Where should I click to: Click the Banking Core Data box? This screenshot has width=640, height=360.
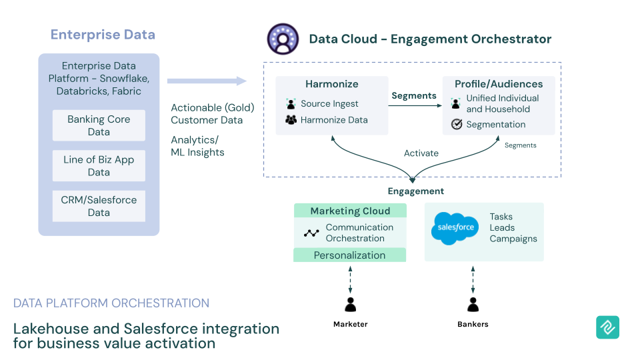click(99, 125)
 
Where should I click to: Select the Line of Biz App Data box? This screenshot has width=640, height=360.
click(99, 165)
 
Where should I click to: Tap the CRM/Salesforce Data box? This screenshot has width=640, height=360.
click(99, 206)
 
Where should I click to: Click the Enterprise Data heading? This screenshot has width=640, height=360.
click(103, 35)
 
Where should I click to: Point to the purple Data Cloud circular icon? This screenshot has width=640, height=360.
click(283, 39)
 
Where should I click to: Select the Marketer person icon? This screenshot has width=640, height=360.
click(350, 305)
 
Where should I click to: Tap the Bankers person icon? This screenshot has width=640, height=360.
click(473, 305)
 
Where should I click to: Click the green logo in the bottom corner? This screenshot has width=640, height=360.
click(607, 327)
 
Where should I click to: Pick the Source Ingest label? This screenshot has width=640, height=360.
click(329, 104)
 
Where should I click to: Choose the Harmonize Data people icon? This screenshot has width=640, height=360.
click(291, 120)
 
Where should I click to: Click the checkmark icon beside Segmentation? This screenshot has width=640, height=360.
click(457, 124)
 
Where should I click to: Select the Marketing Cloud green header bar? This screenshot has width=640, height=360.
click(350, 211)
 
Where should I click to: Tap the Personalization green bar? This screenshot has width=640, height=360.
click(350, 255)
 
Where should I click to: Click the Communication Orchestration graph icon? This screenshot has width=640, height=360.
click(311, 233)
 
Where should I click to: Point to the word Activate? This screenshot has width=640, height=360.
click(421, 153)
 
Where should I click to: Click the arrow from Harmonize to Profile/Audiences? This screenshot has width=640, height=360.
click(413, 105)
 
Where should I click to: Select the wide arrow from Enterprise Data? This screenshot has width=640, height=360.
click(207, 81)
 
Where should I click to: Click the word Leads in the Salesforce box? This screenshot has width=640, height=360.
click(502, 228)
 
